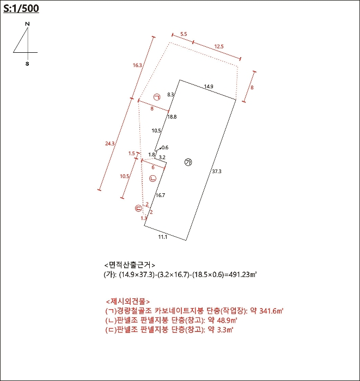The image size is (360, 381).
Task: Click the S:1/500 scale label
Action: (x=21, y=9)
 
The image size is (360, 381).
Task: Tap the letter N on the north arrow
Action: (x=27, y=24)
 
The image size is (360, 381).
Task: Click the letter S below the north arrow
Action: (x=27, y=64)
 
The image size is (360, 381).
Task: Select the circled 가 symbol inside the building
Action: (x=188, y=162)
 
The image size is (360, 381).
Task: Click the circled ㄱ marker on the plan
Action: (x=157, y=97)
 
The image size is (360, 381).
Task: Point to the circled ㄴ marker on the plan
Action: (x=152, y=178)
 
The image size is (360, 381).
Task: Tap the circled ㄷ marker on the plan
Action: (x=138, y=208)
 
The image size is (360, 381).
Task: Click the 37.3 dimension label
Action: (x=216, y=171)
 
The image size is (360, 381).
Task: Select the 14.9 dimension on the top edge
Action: (x=209, y=87)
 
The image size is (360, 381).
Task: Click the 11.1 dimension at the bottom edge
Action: (x=162, y=237)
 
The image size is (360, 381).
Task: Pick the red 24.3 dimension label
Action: (x=109, y=144)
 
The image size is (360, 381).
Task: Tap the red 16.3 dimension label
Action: (x=137, y=65)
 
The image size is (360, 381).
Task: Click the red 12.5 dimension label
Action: (x=219, y=47)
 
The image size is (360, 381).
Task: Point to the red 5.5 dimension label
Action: (x=184, y=34)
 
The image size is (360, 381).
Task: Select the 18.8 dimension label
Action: (x=172, y=117)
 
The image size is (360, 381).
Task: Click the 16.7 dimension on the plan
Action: (x=160, y=195)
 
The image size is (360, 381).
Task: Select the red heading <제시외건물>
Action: (x=128, y=302)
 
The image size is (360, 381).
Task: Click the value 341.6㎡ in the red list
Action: (x=272, y=311)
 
